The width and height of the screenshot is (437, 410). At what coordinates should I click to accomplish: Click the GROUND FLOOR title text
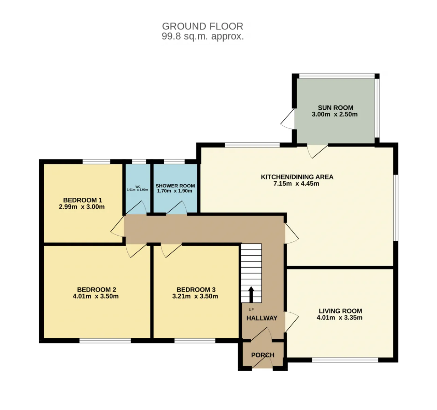202,26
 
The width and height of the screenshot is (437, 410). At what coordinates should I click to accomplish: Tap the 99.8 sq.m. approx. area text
203,36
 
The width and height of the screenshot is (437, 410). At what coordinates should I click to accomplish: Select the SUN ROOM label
335,108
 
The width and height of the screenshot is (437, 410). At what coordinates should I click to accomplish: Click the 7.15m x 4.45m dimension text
296,183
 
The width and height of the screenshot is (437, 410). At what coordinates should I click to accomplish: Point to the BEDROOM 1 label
83,200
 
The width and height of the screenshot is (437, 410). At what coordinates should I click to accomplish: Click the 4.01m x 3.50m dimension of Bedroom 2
96,296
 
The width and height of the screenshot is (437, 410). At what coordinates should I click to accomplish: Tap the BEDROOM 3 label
196,289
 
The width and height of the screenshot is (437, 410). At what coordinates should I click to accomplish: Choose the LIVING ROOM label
340,311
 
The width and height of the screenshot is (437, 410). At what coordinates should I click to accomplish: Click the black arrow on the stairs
251,295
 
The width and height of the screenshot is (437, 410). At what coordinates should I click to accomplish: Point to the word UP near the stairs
251,310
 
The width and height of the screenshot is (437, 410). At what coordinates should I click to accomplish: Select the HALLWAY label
262,318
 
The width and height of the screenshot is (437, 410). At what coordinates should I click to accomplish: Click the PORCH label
263,355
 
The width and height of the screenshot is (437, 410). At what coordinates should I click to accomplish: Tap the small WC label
138,187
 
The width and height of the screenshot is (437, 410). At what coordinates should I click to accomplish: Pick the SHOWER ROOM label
175,186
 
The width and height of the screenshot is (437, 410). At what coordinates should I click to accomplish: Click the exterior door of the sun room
287,119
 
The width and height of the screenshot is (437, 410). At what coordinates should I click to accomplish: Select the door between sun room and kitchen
318,152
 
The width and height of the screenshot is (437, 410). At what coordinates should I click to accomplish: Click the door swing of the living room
292,322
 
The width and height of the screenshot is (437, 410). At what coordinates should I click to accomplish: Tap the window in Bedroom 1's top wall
96,162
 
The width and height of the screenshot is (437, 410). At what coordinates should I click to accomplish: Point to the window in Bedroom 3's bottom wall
195,341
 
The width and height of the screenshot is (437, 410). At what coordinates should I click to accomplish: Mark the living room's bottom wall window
345,360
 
